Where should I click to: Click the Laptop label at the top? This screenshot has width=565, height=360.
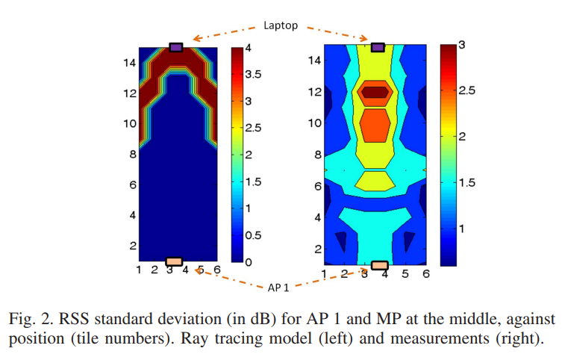point(280,25)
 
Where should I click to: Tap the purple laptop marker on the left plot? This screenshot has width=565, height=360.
point(176,47)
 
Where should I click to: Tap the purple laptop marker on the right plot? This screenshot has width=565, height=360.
point(377,47)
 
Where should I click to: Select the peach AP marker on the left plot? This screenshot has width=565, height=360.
point(174,261)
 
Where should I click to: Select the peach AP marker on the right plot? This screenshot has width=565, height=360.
point(380,264)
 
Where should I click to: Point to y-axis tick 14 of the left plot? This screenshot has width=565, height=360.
point(129,63)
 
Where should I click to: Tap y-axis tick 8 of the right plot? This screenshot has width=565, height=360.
point(317,155)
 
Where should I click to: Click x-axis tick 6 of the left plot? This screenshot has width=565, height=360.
point(216,270)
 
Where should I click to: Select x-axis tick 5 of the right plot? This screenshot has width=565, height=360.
point(405,274)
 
